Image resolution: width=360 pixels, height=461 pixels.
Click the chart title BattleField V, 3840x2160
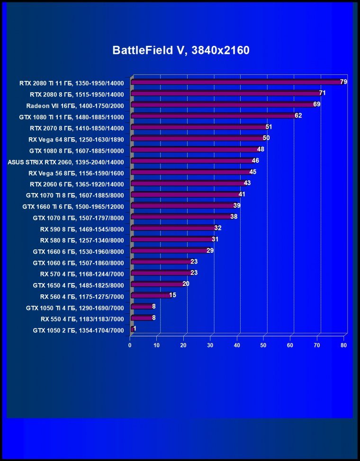[180, 51]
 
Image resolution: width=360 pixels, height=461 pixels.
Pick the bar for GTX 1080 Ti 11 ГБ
[213, 116]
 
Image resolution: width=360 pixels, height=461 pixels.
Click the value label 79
[344, 82]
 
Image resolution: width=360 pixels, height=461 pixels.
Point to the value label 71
[322, 93]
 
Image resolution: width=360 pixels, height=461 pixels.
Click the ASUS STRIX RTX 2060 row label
[66, 161]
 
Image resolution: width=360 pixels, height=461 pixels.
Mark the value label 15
[172, 295]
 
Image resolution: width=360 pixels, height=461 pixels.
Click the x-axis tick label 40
[237, 346]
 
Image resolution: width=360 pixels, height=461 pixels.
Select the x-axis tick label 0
[130, 346]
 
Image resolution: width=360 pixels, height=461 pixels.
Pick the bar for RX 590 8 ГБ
[172, 228]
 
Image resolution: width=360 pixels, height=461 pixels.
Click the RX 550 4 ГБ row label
[82, 319]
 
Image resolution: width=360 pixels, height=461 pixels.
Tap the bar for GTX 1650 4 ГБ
[156, 284]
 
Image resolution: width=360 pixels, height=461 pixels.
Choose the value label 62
[298, 115]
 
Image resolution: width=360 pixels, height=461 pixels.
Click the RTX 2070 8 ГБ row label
[77, 128]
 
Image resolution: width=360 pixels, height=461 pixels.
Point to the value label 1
[135, 329]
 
